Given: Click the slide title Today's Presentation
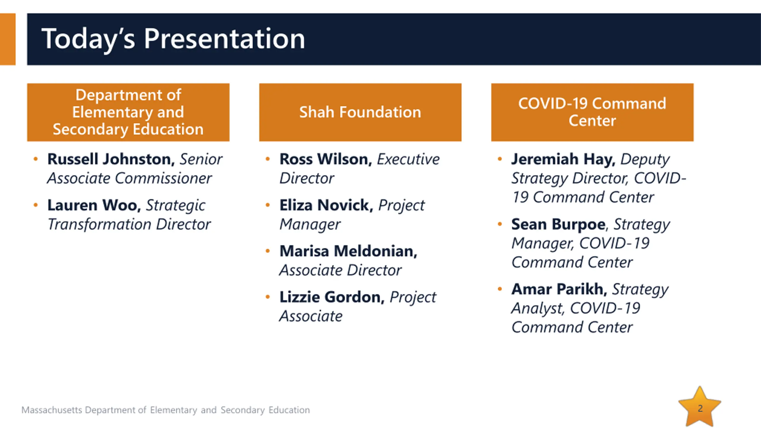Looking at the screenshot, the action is [173, 39].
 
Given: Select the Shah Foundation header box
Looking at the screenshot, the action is [360, 112].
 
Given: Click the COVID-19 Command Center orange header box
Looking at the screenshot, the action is [592, 112].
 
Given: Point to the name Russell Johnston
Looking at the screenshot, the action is [111, 159].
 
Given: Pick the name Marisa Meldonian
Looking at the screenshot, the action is [348, 251].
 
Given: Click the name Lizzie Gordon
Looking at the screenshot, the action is [332, 297].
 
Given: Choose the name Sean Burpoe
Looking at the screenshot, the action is [558, 224].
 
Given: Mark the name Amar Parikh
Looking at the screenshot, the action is [559, 289].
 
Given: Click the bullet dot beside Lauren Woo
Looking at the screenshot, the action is [36, 205].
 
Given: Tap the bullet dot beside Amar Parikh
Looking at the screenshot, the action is [500, 289].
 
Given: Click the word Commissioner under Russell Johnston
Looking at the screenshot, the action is [163, 178].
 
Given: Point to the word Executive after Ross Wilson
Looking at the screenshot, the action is [408, 159].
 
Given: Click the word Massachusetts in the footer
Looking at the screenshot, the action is [52, 410].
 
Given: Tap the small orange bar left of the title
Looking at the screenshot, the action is [8, 39].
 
